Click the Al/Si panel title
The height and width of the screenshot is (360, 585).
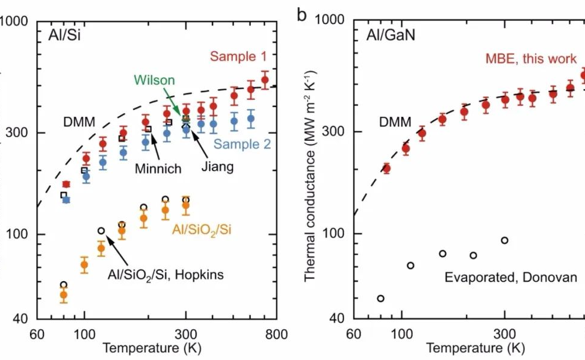pos(65,34)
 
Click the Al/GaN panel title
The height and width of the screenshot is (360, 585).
pos(391,34)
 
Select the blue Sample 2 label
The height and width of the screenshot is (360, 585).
pos(242,144)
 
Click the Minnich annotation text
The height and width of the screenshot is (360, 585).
pos(158,169)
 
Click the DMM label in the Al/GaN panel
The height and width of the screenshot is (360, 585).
pos(395,123)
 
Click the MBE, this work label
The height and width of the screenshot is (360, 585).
pos(531,58)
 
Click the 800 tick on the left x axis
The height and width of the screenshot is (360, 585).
pos(277,334)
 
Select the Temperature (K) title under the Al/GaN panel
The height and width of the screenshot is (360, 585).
pos(475,348)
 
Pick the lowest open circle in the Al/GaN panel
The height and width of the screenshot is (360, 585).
pos(380,299)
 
